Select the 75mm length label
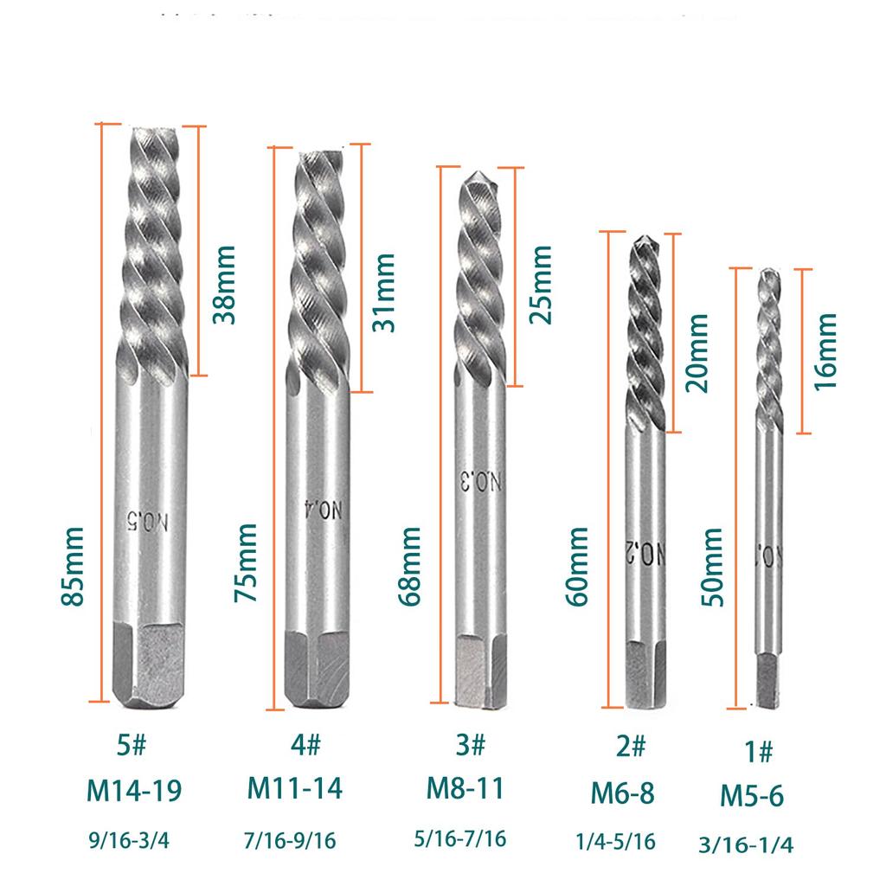(x=246, y=563)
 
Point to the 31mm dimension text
(x=382, y=292)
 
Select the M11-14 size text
(x=295, y=788)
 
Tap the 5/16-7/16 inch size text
(x=459, y=838)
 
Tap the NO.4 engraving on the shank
(x=318, y=512)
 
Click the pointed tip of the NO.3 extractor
(x=474, y=176)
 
